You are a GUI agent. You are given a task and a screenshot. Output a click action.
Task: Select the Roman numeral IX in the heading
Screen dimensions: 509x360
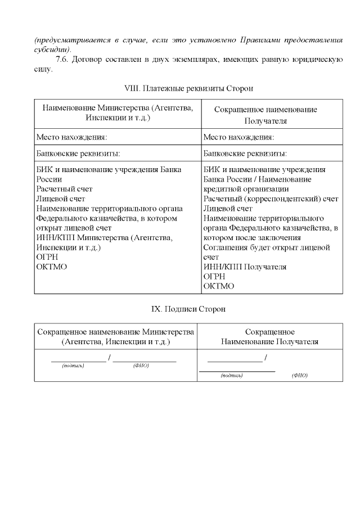(157, 309)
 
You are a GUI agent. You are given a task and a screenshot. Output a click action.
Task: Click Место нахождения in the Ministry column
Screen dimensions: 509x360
(71, 137)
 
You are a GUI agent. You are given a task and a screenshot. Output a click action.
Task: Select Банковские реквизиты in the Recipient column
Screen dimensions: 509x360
(245, 153)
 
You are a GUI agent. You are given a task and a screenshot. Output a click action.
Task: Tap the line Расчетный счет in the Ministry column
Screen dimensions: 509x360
(64, 189)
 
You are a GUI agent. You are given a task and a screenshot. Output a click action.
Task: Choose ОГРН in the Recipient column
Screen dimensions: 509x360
(214, 276)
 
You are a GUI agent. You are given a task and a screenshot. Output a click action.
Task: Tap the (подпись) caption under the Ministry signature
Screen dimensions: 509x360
(73, 366)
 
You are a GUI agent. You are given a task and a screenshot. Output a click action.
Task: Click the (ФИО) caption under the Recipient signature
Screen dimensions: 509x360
(300, 376)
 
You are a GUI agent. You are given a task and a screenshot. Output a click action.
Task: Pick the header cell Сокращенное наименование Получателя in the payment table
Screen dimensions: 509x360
(265, 115)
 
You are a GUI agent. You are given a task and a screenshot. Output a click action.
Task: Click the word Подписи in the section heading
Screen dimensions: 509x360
(186, 309)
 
